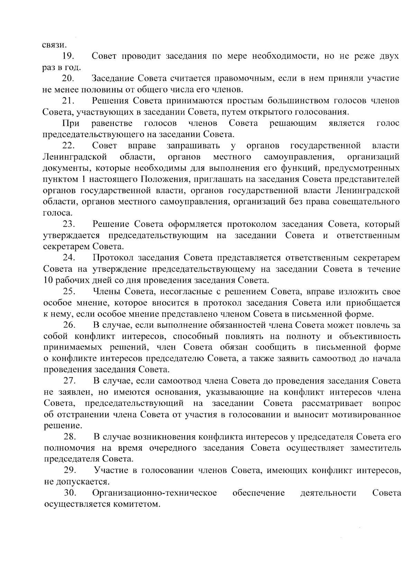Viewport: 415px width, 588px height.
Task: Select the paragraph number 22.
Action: [x=69, y=145]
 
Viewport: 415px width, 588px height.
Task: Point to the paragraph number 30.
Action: [x=70, y=493]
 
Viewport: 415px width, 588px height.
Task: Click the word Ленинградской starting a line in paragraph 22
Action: [x=75, y=157]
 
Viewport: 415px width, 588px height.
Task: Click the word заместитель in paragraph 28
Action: [x=376, y=448]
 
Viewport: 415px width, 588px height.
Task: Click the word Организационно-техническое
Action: [x=155, y=493]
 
